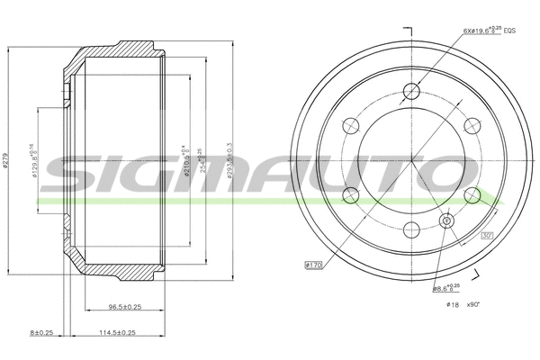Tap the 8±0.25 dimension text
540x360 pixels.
click(x=42, y=333)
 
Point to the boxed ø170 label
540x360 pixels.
click(x=314, y=265)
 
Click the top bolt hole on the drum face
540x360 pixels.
click(x=413, y=90)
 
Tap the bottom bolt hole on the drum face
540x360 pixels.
click(x=413, y=228)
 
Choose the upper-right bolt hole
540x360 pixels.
click(x=472, y=125)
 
